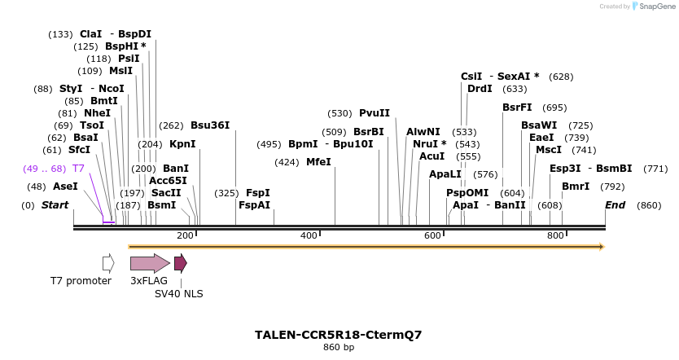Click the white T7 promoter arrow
(108, 263)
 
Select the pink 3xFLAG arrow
(150, 263)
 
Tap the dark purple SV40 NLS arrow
(180, 263)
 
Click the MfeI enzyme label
(318, 162)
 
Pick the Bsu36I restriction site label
(210, 125)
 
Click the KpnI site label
(182, 144)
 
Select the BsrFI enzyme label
(517, 108)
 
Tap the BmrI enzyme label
(576, 187)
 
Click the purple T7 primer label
(78, 169)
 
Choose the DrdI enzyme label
(480, 89)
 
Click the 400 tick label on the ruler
(309, 235)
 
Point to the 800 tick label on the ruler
(555, 235)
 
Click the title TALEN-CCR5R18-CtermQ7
(338, 335)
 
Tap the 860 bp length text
(338, 348)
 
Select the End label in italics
(615, 205)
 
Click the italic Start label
(55, 205)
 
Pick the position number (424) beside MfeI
(287, 162)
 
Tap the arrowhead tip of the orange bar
(602, 246)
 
